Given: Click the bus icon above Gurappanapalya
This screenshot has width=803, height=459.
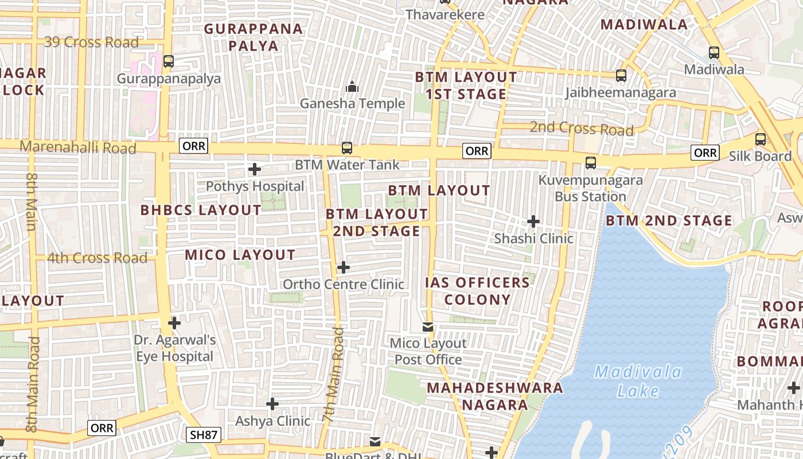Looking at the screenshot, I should click(x=168, y=61).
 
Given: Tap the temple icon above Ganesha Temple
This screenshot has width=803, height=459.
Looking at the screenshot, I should click(x=352, y=87).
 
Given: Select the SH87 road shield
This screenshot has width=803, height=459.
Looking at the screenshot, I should click(x=204, y=435).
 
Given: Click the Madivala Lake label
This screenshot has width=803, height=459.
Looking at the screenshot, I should click(x=638, y=382).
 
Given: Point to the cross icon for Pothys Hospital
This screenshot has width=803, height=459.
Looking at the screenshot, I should click(x=255, y=169).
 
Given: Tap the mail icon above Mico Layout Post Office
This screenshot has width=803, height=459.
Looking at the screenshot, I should click(x=428, y=326).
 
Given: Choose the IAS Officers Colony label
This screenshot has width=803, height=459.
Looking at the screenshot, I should click(x=477, y=291).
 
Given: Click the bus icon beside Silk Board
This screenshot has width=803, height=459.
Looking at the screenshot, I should click(x=760, y=139).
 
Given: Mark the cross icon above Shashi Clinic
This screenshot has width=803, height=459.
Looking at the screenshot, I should click(x=533, y=221).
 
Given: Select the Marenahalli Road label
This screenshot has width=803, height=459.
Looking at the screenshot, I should click(x=78, y=147).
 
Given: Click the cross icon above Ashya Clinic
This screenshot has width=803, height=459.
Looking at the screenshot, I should click(x=272, y=404).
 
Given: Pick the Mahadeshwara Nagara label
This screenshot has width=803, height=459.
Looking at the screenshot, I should click(x=495, y=396).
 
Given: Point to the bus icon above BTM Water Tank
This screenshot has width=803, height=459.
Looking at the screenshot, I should click(x=347, y=147).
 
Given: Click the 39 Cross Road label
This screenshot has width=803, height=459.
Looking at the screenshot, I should click(x=92, y=42).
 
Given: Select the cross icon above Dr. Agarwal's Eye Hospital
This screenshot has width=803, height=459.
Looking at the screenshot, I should click(x=174, y=323).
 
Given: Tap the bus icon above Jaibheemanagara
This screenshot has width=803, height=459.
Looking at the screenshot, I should click(x=621, y=75).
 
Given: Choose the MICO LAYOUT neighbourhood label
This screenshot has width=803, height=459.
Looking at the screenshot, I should click(x=240, y=255).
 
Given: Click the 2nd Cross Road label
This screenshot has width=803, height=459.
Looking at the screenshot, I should click(x=581, y=128).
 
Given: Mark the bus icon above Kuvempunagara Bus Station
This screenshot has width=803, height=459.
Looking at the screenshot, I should click(x=591, y=162).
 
